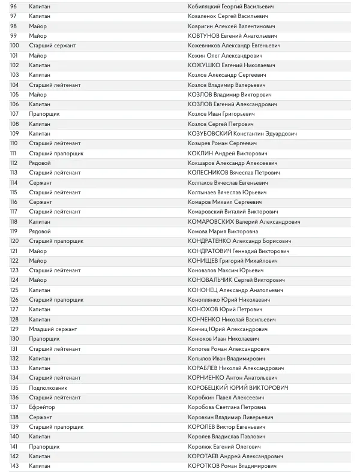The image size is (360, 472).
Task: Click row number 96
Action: tap(14, 7)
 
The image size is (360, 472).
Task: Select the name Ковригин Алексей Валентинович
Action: tap(232, 26)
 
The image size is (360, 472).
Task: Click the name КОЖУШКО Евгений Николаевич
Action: tap(232, 65)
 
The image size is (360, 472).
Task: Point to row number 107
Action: tap(15, 114)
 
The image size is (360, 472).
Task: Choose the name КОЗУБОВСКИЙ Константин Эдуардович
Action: tap(242, 134)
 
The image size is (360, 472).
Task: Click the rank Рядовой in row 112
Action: tap(40, 163)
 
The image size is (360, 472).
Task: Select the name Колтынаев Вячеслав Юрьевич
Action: tap(227, 193)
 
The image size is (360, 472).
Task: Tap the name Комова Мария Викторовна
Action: tap(223, 232)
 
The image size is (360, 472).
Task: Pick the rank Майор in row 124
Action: tap(38, 280)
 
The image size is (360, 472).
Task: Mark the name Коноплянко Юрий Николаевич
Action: tap(229, 300)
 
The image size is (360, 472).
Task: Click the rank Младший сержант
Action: tap(53, 329)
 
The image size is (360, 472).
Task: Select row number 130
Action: tap(15, 339)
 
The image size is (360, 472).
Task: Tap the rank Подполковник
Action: tap(48, 388)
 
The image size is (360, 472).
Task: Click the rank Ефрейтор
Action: tap(42, 407)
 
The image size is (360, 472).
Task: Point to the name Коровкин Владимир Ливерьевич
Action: tap(230, 417)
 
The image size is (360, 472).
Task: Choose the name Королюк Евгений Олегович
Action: tap(224, 447)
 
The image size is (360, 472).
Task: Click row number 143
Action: tap(15, 466)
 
